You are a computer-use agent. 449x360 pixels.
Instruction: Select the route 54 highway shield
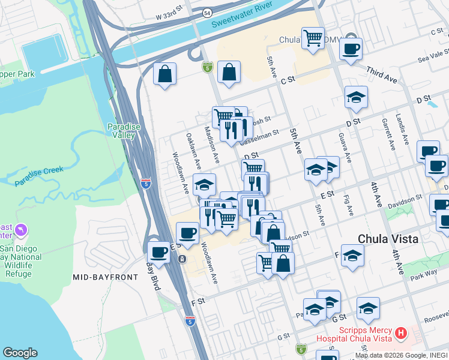[x=207, y=12]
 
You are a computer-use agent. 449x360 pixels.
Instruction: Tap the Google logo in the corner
[x=20, y=353]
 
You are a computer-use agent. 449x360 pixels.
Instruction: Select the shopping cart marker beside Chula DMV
[x=313, y=38]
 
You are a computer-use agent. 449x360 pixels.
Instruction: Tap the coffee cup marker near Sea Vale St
[x=351, y=48]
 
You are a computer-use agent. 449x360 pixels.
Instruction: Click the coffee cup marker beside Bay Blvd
[x=158, y=251]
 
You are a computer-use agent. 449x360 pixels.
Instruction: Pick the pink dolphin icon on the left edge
[x=22, y=230]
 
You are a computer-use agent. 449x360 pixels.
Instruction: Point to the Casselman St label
[x=259, y=139]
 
